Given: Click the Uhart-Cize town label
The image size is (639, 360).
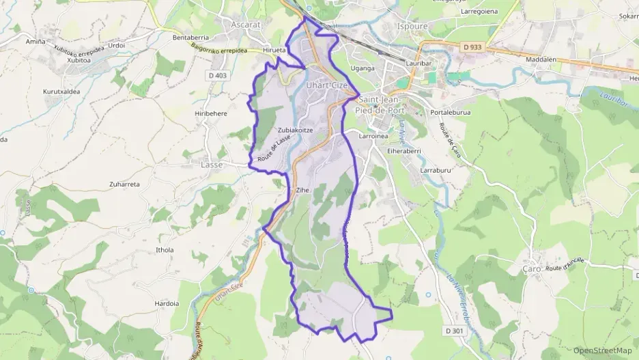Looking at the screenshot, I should pos(327,85).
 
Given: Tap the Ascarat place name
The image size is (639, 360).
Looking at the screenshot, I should pos(246,25).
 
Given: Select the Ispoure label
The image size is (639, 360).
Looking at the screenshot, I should pos(412,26).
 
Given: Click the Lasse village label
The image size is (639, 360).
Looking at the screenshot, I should pos(212,165).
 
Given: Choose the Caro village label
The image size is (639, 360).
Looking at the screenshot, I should pos(532,269).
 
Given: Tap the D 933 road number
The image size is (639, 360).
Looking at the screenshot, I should pos(472,46).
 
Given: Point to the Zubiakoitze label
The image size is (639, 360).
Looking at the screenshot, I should pos(296,130).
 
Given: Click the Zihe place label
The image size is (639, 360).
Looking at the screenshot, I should pos(302,191).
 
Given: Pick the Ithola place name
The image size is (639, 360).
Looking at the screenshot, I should pos(165,250).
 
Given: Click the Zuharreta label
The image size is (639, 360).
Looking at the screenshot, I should pos(124,184).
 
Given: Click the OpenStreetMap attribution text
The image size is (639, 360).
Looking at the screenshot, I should pos(602,350).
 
